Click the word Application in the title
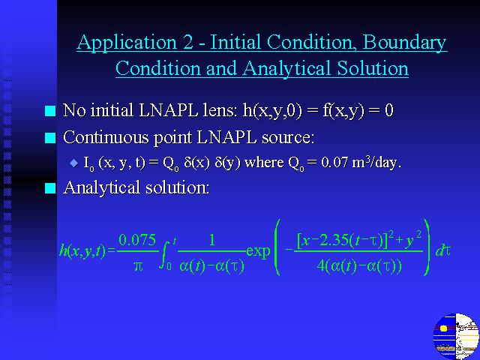(127, 42)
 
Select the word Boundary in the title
(404, 42)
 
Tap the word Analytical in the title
(286, 68)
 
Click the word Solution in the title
(373, 67)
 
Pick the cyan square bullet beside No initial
(50, 111)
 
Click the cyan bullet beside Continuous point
(50, 138)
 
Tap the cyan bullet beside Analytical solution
(50, 188)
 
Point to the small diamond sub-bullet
(74, 163)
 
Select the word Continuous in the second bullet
(106, 137)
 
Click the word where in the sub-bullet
(264, 162)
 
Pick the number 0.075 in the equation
(137, 240)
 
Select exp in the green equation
(258, 252)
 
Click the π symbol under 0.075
(138, 266)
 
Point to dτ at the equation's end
(443, 251)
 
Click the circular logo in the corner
(456, 336)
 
